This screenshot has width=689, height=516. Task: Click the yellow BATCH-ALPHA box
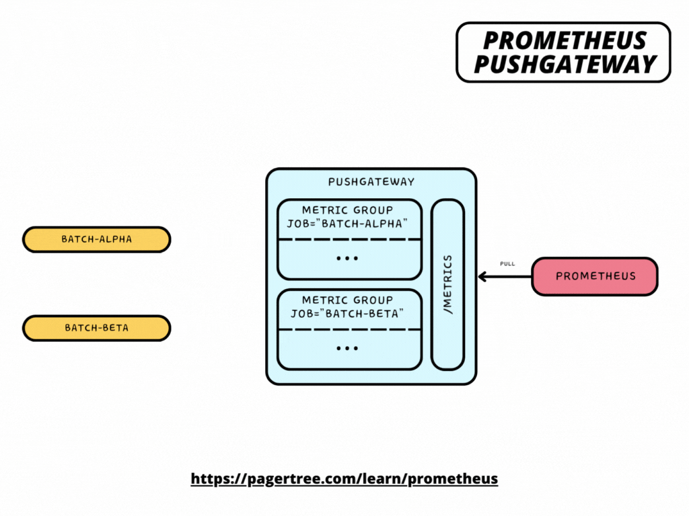click(x=96, y=239)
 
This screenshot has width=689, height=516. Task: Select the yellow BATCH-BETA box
click(x=96, y=328)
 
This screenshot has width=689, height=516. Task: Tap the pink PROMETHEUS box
click(x=594, y=276)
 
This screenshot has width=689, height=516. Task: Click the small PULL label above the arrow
click(x=507, y=263)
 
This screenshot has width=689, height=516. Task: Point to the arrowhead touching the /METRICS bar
click(x=482, y=276)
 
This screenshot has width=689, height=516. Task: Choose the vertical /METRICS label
click(x=448, y=284)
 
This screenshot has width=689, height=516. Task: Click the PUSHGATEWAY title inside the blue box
click(x=371, y=182)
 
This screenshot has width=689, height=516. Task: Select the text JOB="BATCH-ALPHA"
click(x=348, y=223)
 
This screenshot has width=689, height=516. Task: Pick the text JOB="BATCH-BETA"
click(x=348, y=313)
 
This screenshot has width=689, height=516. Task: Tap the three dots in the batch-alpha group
click(x=347, y=259)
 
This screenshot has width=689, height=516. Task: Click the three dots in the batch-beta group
click(x=347, y=349)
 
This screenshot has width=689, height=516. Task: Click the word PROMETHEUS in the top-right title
click(x=564, y=41)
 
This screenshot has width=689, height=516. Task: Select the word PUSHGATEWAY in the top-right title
click(x=564, y=64)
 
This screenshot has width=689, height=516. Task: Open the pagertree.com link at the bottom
click(x=344, y=479)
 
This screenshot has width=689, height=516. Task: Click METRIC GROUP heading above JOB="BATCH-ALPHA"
click(x=347, y=210)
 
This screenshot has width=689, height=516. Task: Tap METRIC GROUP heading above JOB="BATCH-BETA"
click(x=347, y=300)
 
